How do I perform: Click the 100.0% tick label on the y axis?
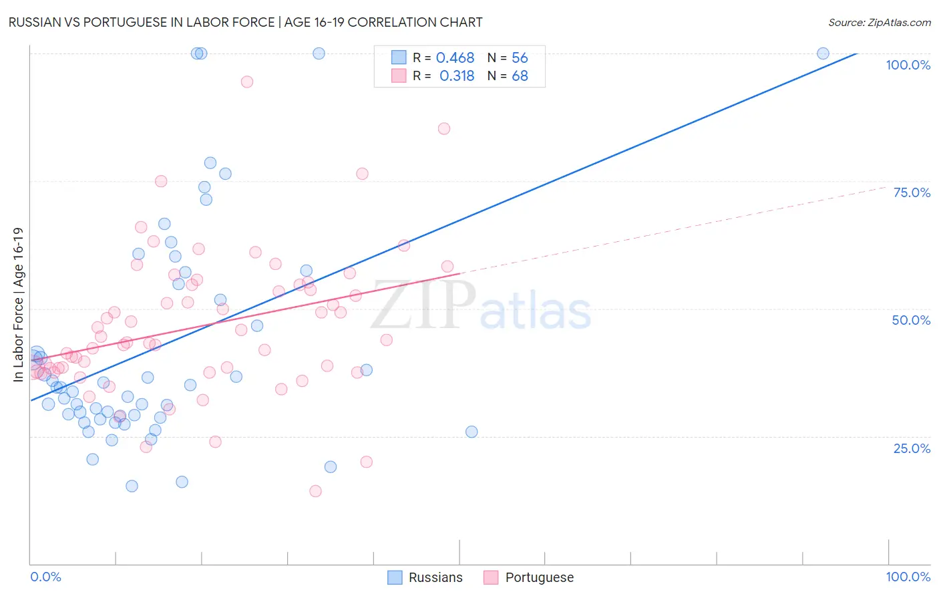tap(908, 65)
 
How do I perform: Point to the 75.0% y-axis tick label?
tap(912, 192)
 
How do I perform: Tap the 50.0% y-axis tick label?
tap(911, 320)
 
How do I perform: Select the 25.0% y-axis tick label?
tap(912, 448)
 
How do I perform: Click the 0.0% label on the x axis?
tap(45, 577)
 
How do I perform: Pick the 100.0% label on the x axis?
tap(908, 577)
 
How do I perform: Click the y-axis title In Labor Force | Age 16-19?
tap(18, 305)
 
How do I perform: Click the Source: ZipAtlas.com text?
tap(879, 22)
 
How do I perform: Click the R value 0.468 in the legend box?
tap(455, 58)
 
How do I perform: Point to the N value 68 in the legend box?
tap(520, 76)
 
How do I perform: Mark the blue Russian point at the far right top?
tap(823, 53)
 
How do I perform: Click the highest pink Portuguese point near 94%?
tap(247, 82)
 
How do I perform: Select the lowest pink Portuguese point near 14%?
tap(315, 491)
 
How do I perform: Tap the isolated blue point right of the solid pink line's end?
tap(472, 432)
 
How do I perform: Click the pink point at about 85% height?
tap(444, 128)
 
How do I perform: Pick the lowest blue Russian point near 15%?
tap(132, 486)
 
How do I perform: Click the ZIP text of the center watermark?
tap(423, 305)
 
